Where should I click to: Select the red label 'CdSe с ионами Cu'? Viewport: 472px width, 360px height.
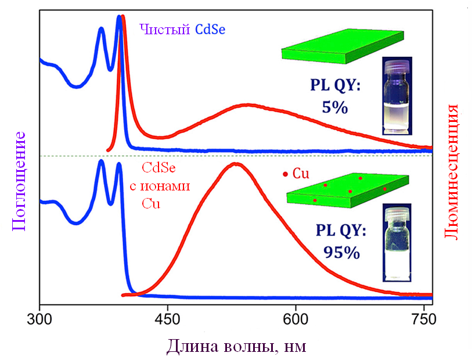(x=159, y=186)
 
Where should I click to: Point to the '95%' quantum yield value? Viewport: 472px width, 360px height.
(x=341, y=253)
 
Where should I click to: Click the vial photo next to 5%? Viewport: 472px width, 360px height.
(x=397, y=96)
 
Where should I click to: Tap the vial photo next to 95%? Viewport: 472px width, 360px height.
(x=398, y=242)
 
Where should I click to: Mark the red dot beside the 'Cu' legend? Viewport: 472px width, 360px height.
(x=284, y=174)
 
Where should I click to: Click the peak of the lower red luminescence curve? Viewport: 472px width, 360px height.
(x=236, y=164)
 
